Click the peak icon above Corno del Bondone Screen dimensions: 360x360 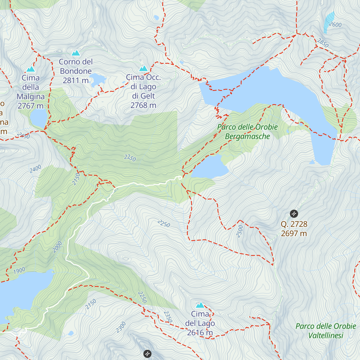[x=76, y=53]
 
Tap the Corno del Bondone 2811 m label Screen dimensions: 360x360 [x=76, y=71]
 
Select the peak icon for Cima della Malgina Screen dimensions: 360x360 [x=31, y=69]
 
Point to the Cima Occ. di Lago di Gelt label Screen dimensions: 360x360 [x=143, y=91]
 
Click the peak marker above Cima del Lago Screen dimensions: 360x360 [x=200, y=305]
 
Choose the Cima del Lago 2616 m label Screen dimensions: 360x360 [x=200, y=323]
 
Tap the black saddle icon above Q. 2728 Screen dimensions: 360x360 [x=294, y=214]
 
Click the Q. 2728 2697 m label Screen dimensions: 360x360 [x=294, y=229]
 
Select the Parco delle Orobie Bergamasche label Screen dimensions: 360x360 [x=247, y=132]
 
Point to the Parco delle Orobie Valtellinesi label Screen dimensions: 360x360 [x=326, y=331]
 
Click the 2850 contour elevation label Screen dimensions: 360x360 [x=323, y=43]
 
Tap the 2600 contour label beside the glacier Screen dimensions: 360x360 [x=335, y=24]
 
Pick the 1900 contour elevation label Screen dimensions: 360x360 [x=19, y=271]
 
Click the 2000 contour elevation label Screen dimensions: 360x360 [x=57, y=247]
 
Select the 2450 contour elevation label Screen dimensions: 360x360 [x=23, y=136]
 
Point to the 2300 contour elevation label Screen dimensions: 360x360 [x=121, y=327]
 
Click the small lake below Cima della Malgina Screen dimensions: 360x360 [x=38, y=118]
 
